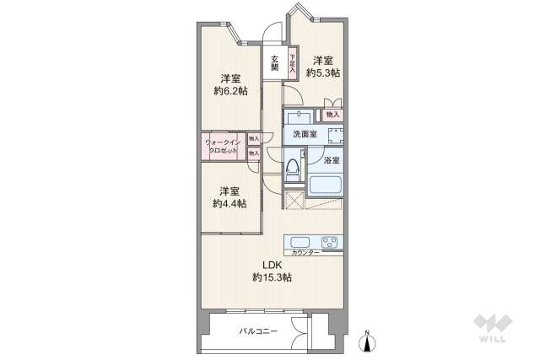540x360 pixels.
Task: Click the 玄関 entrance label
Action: point(275,63)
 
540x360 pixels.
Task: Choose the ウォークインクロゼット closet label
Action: point(224,146)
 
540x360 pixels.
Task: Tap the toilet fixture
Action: point(294,168)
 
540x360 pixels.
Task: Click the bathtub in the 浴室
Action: point(326,184)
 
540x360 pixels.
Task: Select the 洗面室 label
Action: point(305,134)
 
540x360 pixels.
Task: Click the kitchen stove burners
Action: point(330,241)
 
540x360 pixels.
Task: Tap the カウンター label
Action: point(305,253)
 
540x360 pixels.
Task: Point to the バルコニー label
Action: point(257,332)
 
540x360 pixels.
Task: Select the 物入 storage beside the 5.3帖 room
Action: point(332,114)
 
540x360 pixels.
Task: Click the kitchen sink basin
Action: point(299,241)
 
